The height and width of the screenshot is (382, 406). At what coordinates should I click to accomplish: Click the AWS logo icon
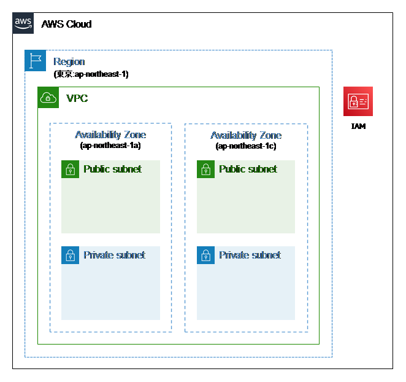(x=23, y=23)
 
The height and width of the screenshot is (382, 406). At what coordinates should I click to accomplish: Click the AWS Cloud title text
(x=66, y=24)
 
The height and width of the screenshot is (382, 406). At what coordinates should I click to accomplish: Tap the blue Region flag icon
(x=35, y=60)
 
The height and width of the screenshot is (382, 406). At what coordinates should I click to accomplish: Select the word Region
(x=69, y=61)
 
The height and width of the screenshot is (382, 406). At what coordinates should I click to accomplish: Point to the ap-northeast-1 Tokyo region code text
(x=91, y=74)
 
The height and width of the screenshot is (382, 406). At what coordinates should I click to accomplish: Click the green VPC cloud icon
(x=48, y=98)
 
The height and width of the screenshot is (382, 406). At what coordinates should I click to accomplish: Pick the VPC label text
(x=77, y=98)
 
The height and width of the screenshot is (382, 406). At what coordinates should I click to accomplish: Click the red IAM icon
(x=358, y=101)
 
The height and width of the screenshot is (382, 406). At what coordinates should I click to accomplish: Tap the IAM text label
(x=358, y=127)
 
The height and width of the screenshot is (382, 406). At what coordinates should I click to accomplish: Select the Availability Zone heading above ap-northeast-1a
(x=110, y=135)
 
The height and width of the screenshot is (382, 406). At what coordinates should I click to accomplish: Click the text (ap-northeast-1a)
(x=110, y=145)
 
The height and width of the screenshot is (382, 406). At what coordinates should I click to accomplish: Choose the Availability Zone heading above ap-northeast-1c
(x=246, y=135)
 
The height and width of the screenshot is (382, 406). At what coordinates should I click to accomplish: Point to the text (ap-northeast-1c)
(x=246, y=146)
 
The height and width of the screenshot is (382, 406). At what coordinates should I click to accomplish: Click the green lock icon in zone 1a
(x=70, y=169)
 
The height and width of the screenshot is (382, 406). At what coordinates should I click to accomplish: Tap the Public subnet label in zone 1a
(x=112, y=169)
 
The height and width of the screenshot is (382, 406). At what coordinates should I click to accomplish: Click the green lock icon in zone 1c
(x=205, y=169)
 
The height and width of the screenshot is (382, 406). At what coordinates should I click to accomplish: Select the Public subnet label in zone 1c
(x=248, y=169)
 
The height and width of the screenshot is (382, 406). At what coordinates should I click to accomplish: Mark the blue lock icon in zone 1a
(x=70, y=255)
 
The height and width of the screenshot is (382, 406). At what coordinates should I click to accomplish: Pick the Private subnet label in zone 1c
(x=250, y=255)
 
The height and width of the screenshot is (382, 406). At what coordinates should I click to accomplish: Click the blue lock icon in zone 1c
(x=205, y=255)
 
